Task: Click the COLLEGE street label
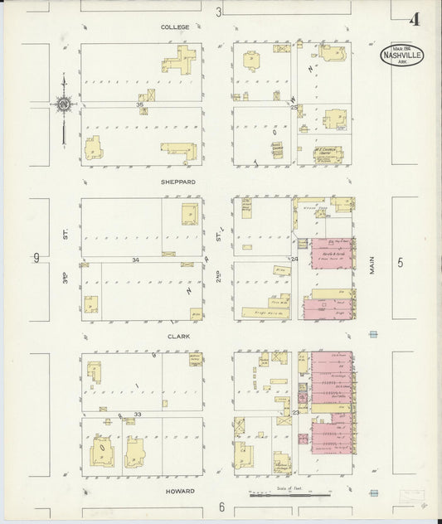tap(175, 27)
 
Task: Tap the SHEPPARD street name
tap(178, 182)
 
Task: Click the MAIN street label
tap(373, 264)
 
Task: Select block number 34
tap(135, 260)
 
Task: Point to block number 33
tap(138, 414)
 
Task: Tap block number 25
tap(294, 106)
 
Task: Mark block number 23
tap(295, 412)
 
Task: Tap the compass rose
tap(63, 104)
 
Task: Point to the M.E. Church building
tap(328, 153)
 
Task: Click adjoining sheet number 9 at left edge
tap(36, 258)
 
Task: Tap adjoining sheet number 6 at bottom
tap(221, 507)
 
